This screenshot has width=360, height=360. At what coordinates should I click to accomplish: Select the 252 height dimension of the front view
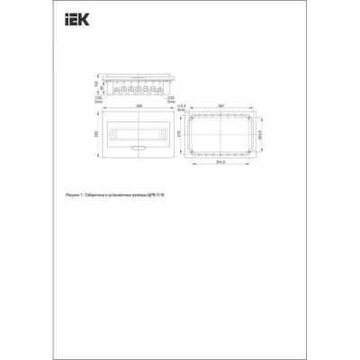[95, 132]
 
